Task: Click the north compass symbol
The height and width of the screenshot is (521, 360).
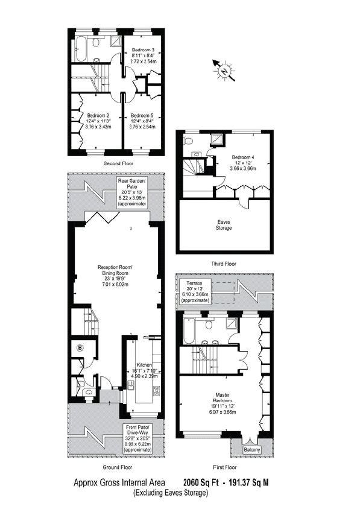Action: pyautogui.click(x=224, y=71)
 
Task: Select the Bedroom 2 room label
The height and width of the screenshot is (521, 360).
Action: pyautogui.click(x=97, y=115)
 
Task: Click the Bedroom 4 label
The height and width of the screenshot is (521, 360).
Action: pyautogui.click(x=245, y=158)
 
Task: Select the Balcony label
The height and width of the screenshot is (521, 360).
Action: pyautogui.click(x=251, y=450)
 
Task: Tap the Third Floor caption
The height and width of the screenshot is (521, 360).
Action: pyautogui.click(x=223, y=264)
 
